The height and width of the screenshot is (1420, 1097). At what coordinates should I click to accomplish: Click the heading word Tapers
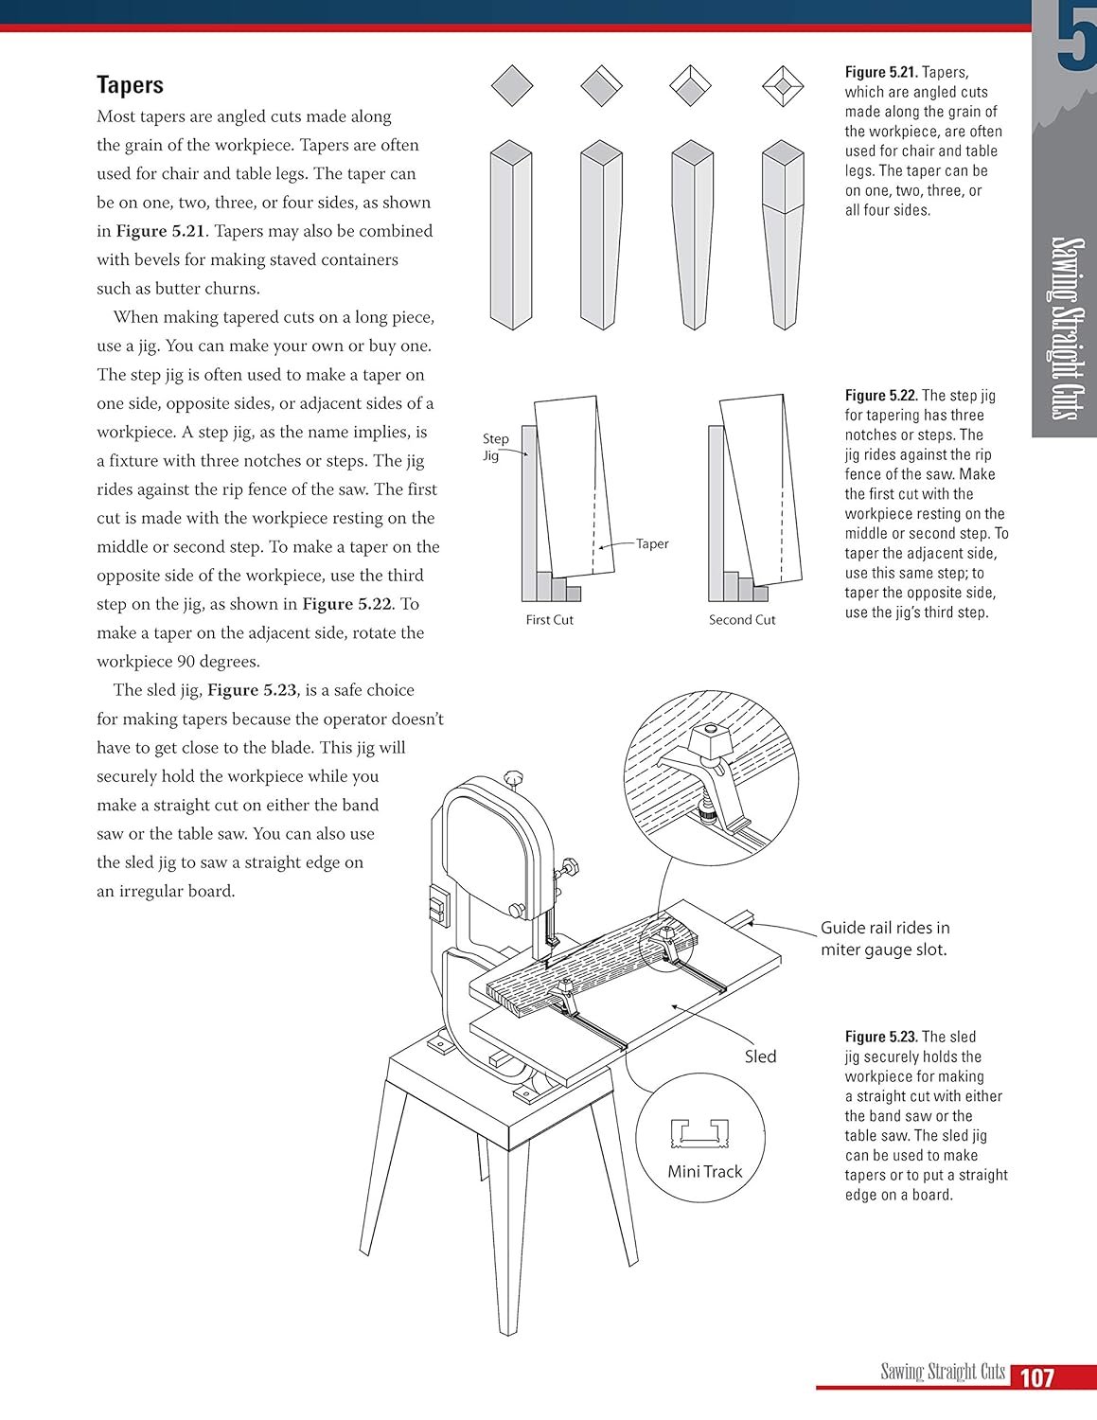(x=130, y=85)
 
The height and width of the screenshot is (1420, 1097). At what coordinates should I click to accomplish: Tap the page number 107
(x=1036, y=1377)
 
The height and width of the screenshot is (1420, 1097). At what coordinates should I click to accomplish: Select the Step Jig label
(x=495, y=447)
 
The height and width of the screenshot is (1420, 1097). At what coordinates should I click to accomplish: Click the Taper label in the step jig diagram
(x=652, y=544)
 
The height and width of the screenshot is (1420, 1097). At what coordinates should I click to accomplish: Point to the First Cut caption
(x=550, y=620)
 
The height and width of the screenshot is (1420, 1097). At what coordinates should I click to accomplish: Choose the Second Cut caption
(x=742, y=620)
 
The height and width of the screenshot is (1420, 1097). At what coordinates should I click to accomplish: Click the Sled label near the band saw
(x=760, y=1056)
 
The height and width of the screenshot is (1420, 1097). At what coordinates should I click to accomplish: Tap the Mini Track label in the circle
(x=705, y=1172)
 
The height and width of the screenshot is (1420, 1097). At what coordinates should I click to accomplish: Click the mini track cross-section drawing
(x=699, y=1132)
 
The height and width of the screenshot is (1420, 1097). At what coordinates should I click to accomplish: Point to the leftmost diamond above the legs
(x=512, y=87)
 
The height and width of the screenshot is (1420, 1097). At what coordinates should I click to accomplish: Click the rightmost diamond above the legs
(x=783, y=87)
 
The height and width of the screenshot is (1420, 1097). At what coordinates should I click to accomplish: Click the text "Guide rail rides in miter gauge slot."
(x=884, y=939)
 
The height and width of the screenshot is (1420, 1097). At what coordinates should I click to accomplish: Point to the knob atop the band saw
(x=514, y=778)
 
